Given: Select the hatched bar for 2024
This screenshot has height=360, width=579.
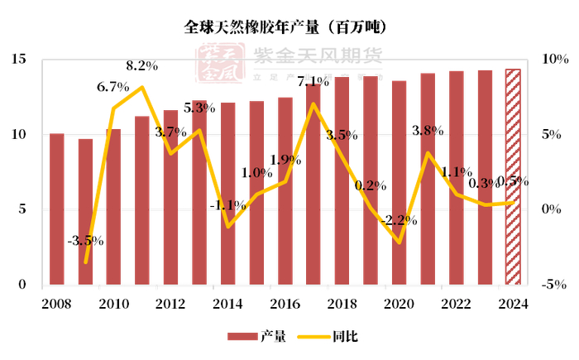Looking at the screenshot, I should tap(513, 177).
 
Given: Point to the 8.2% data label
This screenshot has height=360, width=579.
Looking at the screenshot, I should tap(143, 65).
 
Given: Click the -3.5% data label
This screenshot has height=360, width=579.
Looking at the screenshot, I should tap(85, 241).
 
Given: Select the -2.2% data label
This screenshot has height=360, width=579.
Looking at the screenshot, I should tap(399, 220).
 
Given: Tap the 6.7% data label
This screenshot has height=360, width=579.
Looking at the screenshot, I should tap(113, 86).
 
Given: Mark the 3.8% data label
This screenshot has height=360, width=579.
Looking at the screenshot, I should tap(428, 130).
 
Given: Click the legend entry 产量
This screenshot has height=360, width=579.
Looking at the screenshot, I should tap(257, 336).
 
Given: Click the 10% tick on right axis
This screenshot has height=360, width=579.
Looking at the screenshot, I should tap(552, 60).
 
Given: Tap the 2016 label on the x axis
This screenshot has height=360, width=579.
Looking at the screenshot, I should tap(284, 303).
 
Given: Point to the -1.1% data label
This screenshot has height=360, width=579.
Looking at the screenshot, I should tap(227, 204).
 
